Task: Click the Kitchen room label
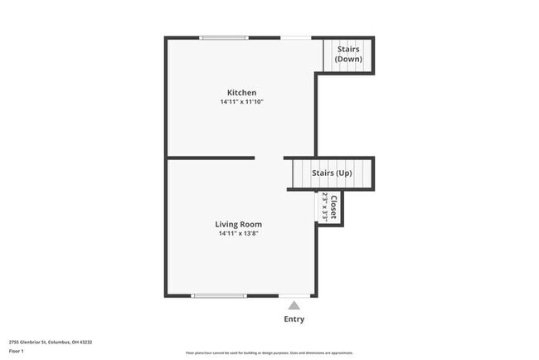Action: pos(241,92)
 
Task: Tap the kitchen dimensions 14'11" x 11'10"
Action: pos(241,102)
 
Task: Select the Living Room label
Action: pos(239,224)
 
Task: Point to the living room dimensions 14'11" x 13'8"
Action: pos(239,234)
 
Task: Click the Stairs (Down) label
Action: pos(347,55)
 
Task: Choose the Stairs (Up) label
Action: pos(332,173)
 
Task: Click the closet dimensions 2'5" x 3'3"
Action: pos(325,206)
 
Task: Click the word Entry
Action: pos(294,319)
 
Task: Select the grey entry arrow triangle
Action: pos(294,305)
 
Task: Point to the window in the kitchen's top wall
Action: pos(224,37)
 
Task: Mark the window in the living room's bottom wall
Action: pos(218,295)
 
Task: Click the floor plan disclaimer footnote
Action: pos(269,352)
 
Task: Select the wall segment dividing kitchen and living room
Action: pos(211,158)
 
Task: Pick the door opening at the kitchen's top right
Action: pos(296,37)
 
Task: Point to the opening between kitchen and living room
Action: pos(269,158)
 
